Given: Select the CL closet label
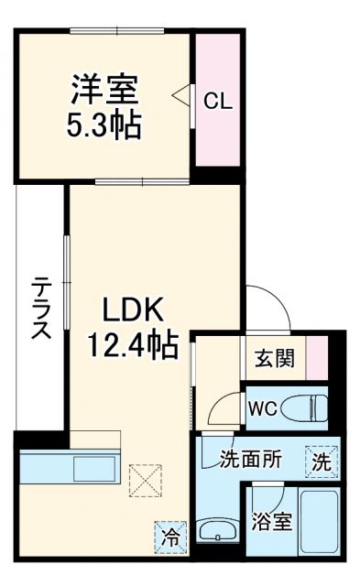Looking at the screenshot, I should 217,101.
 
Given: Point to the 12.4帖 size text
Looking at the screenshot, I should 131,346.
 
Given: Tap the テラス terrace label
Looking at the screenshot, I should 40,308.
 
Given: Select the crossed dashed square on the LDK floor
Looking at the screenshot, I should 144,479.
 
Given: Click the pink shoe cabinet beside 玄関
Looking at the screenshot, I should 316,358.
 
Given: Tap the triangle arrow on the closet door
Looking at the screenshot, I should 182,93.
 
